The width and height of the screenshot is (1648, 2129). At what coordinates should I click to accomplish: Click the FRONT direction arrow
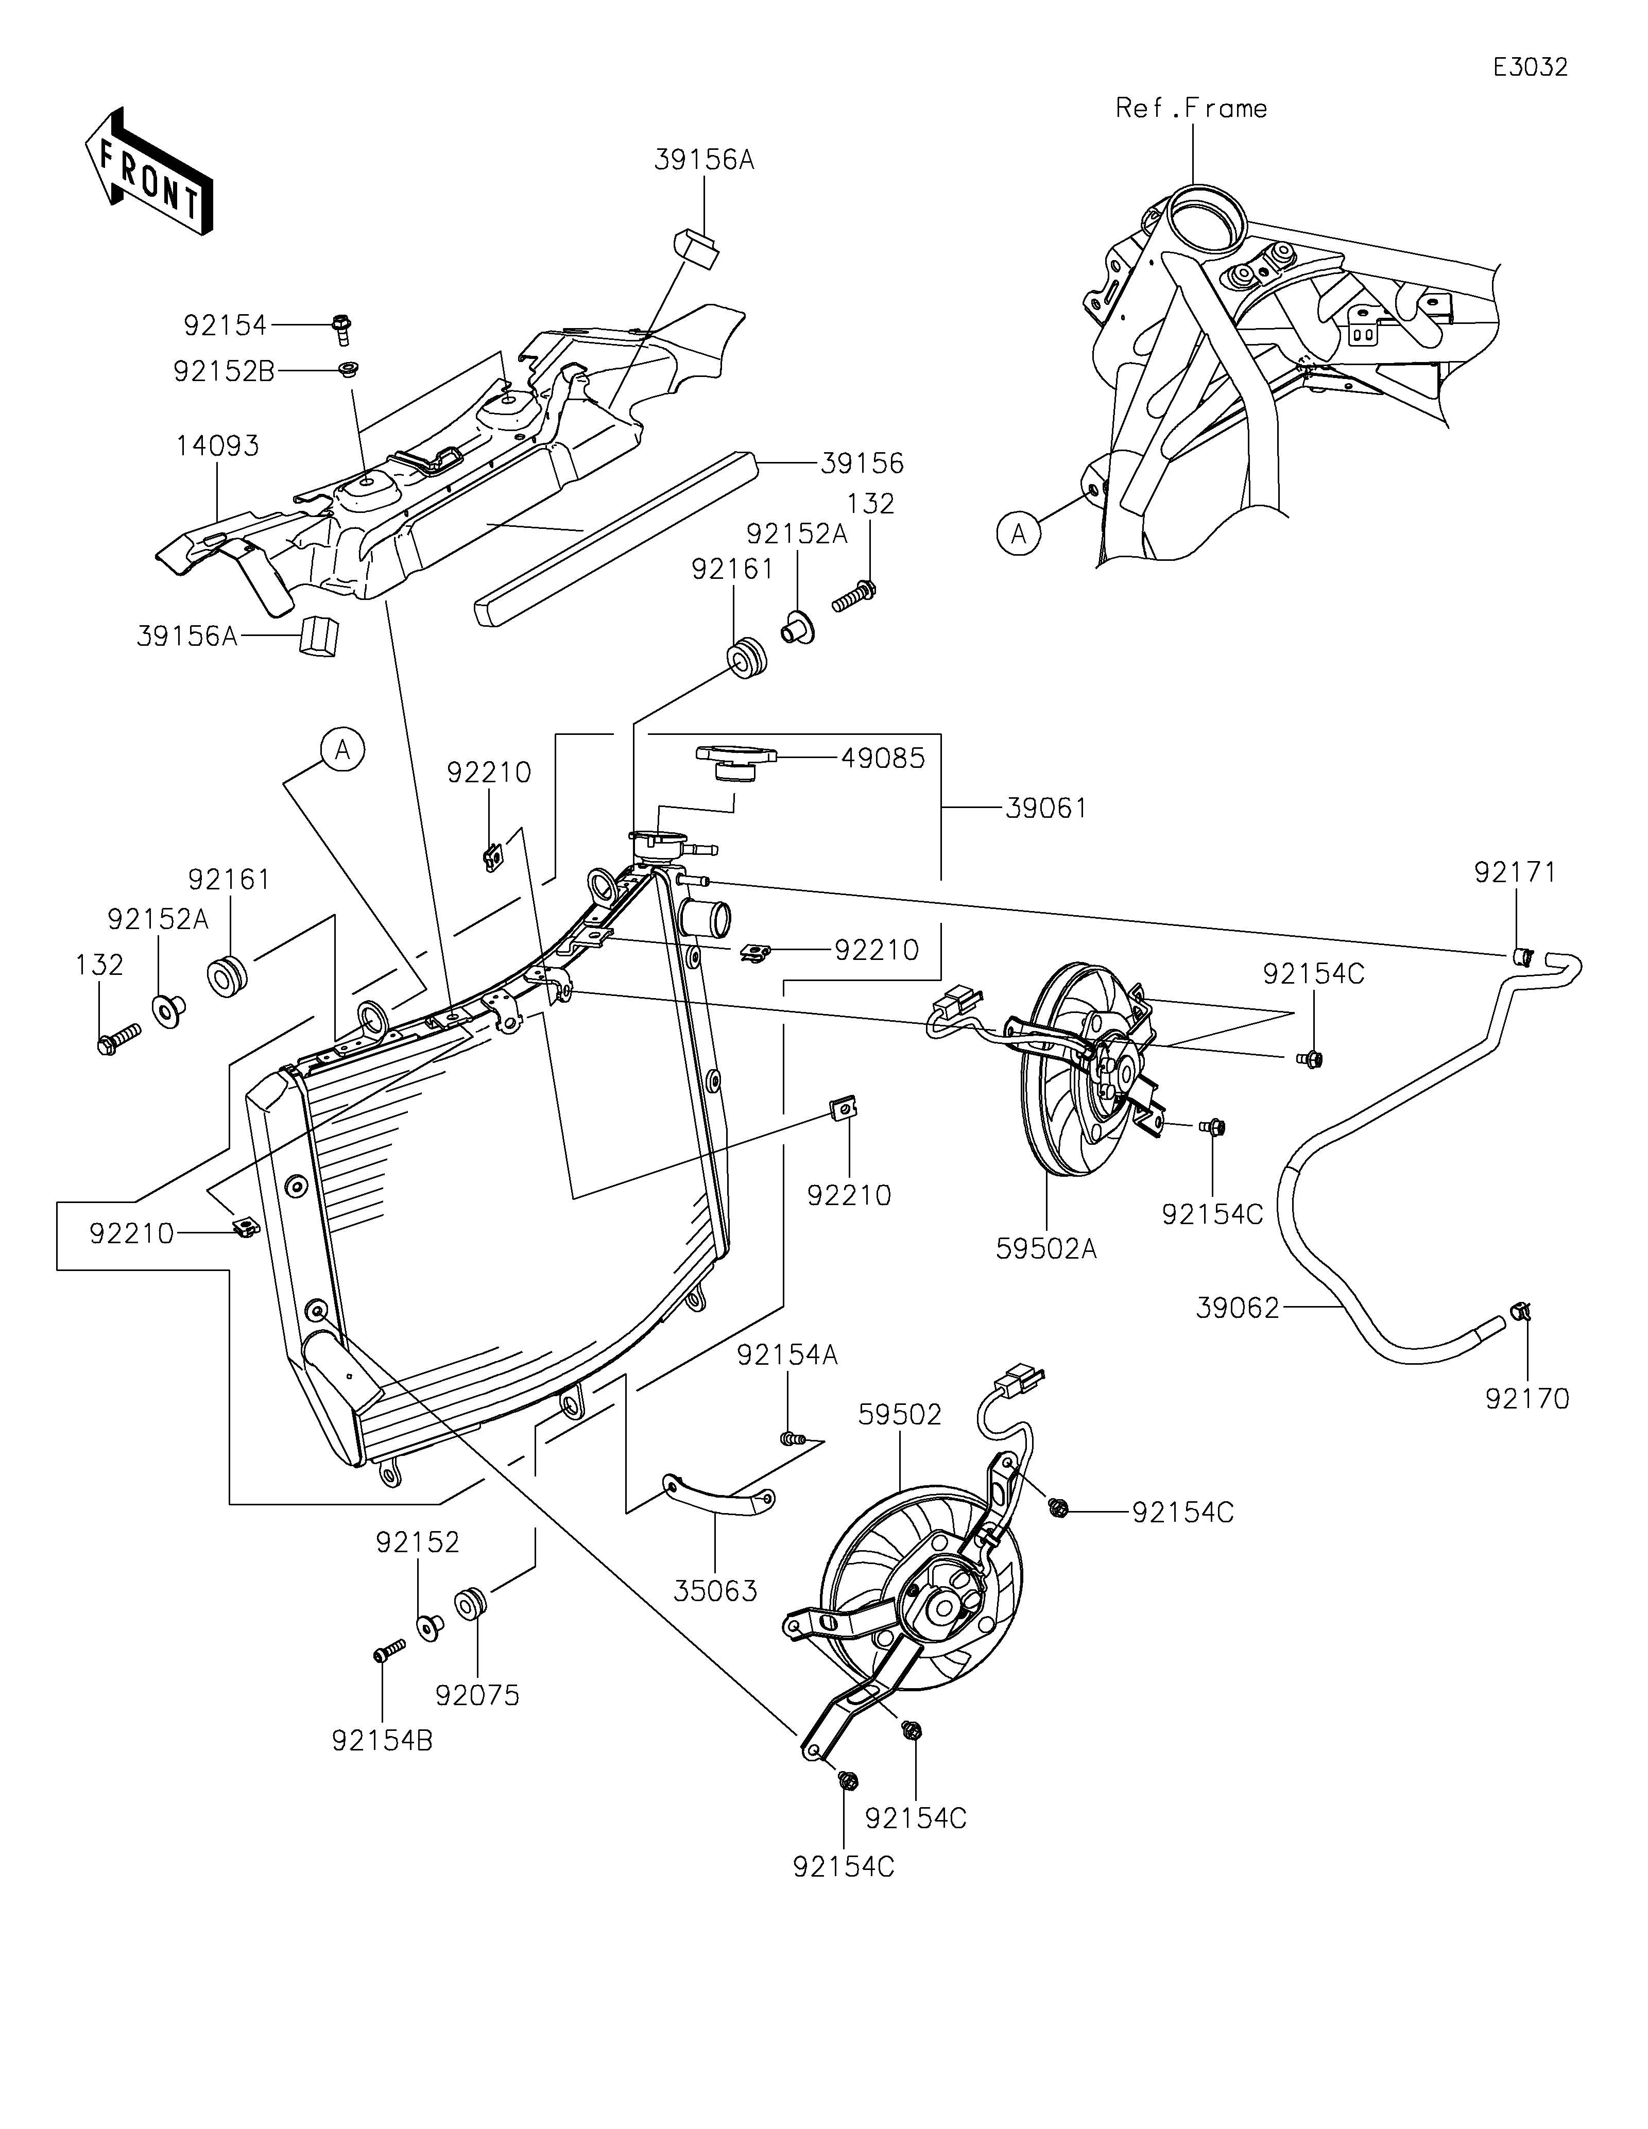click(x=148, y=170)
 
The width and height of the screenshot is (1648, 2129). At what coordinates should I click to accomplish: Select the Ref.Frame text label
click(x=1191, y=108)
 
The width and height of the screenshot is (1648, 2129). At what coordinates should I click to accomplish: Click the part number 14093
click(x=217, y=447)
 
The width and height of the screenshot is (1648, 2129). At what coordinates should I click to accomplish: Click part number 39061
click(x=1046, y=808)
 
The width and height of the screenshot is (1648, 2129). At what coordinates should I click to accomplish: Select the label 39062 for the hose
click(x=1238, y=1308)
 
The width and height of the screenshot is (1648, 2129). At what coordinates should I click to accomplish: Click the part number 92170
click(x=1527, y=1399)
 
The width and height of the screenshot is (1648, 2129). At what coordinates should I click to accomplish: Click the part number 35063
click(x=715, y=1591)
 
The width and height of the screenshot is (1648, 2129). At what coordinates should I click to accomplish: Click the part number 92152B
click(x=224, y=371)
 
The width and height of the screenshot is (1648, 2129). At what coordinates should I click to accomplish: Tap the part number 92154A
click(x=787, y=1355)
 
